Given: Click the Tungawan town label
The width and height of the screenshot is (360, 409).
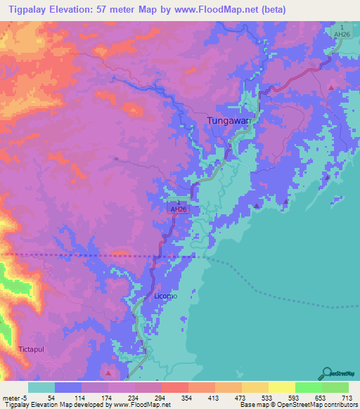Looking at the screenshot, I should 229,120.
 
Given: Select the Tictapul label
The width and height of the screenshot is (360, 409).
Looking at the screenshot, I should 32,349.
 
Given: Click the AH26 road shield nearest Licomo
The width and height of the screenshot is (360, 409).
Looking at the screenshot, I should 179,207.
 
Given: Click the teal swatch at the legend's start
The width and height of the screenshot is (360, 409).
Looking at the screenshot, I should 41,387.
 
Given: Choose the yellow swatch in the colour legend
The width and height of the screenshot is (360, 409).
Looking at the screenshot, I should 281,387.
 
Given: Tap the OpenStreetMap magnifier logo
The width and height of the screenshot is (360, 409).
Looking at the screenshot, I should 327,372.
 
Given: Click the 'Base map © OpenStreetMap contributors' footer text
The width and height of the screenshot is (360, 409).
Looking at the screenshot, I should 297,404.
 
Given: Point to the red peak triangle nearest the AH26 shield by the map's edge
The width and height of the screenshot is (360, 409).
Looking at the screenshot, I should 331,87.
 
